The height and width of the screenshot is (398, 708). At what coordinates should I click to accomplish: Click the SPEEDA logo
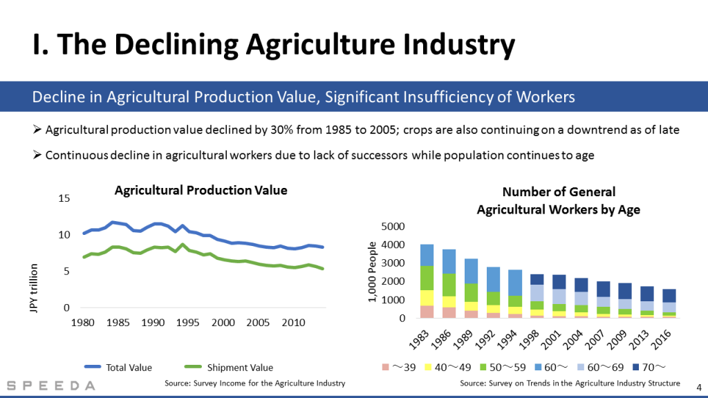52,386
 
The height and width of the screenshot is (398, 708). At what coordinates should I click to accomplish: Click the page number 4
697,387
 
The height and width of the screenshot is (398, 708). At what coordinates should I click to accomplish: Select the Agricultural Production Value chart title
201,190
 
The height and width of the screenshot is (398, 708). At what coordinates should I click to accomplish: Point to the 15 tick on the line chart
64,199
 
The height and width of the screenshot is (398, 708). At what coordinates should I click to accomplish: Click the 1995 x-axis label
189,323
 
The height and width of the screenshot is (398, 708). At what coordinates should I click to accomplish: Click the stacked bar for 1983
427,281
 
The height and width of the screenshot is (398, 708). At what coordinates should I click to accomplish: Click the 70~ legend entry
653,368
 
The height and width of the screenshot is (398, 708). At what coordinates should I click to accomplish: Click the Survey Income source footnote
254,383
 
